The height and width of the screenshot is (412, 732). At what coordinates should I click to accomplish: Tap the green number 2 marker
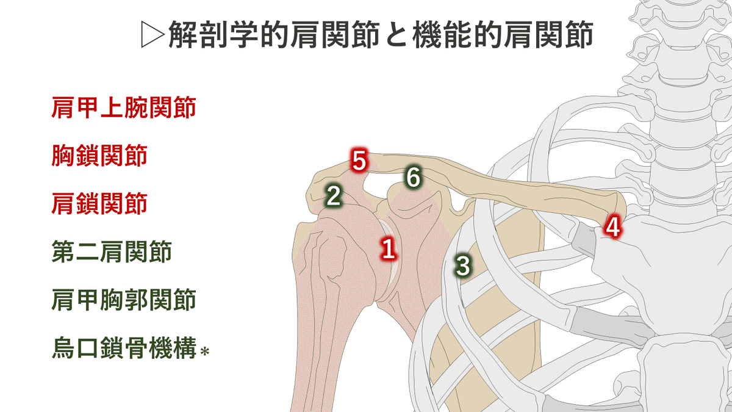point(333,196)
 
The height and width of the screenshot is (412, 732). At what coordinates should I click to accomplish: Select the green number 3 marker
point(463,266)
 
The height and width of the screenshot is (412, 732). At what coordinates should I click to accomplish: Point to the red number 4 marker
point(612,228)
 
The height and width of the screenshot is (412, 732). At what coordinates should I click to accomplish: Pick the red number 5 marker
point(359,162)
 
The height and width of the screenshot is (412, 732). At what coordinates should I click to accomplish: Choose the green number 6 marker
point(413,178)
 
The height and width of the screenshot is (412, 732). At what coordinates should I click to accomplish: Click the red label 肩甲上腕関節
point(124,109)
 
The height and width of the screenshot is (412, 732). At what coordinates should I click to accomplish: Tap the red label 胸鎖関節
point(99,156)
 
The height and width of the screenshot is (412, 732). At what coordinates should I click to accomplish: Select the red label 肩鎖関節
point(99,203)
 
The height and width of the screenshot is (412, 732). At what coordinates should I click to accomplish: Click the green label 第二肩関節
point(112,251)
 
